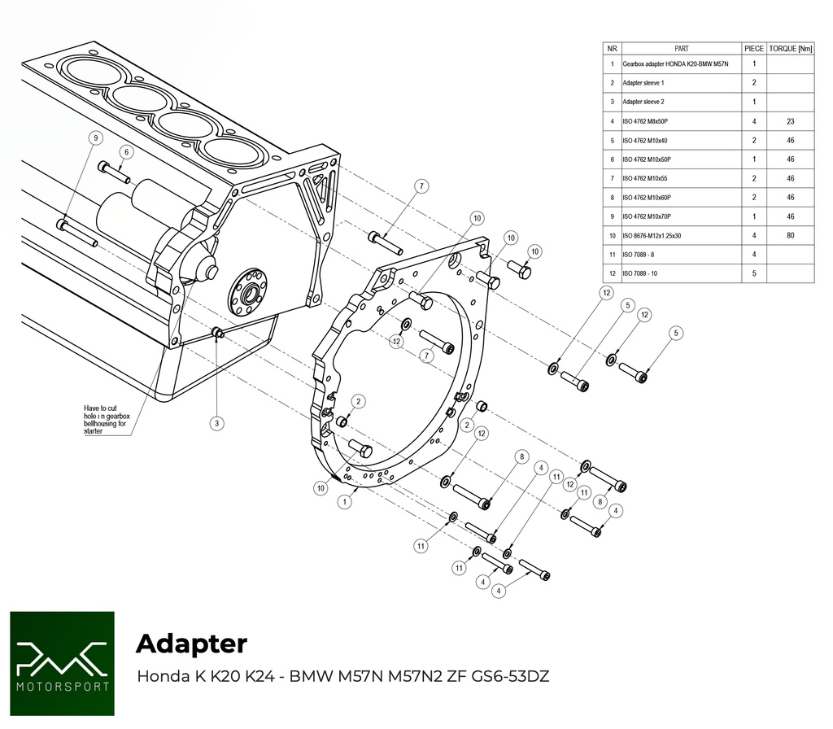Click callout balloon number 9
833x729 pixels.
coord(96,138)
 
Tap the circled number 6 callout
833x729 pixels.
coord(126,152)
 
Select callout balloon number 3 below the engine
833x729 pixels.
coord(216,423)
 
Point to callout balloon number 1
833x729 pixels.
coord(346,502)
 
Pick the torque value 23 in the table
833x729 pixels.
coord(790,121)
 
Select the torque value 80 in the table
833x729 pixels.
coord(790,235)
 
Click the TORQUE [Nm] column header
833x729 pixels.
coord(790,48)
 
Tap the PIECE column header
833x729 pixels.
coord(754,48)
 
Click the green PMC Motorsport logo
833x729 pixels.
coord(62,663)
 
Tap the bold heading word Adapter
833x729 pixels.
coord(191,644)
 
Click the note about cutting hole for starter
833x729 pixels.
coord(107,419)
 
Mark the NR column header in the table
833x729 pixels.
coord(612,48)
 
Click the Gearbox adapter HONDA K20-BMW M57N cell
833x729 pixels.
coord(675,63)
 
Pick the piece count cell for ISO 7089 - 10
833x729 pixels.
coord(754,273)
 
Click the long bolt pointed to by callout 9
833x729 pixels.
coord(79,233)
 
